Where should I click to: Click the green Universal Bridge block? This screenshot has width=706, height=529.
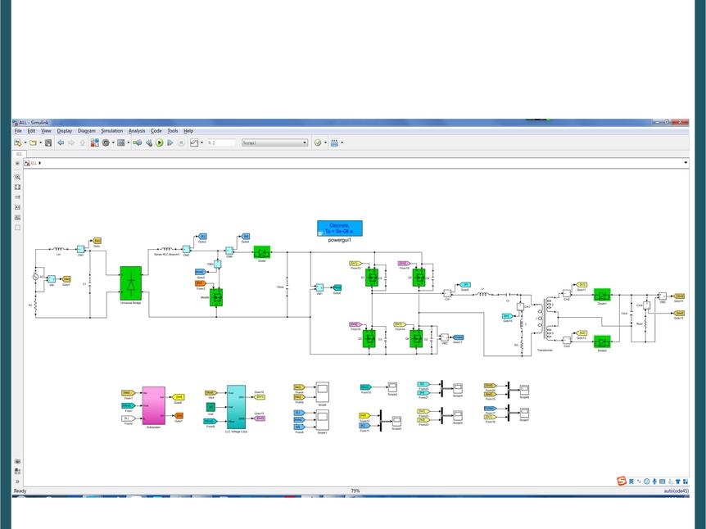click(x=130, y=283)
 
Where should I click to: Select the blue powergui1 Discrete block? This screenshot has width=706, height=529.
click(x=340, y=228)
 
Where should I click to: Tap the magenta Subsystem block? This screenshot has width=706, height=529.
click(x=153, y=405)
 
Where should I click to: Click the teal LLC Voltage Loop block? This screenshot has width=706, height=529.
click(x=236, y=406)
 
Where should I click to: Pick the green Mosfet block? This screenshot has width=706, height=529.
click(x=216, y=297)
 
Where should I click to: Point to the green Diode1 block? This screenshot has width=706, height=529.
click(x=602, y=295)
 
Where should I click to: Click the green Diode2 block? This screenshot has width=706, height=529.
click(x=602, y=341)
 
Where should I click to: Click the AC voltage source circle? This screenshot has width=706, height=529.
click(x=36, y=277)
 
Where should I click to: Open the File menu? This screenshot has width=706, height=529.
click(x=18, y=131)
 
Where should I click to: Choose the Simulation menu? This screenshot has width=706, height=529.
click(x=111, y=131)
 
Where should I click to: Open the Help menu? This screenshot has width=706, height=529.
click(x=188, y=131)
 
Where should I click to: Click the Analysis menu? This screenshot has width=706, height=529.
click(x=137, y=131)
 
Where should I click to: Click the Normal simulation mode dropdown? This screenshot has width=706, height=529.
click(x=274, y=142)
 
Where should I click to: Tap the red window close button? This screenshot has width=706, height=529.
click(x=679, y=122)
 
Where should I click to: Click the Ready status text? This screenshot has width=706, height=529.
click(x=20, y=491)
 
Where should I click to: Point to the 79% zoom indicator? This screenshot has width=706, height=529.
click(x=355, y=491)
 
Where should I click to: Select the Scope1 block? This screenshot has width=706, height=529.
click(x=323, y=420)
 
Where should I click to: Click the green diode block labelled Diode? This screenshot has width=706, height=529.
click(x=262, y=252)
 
